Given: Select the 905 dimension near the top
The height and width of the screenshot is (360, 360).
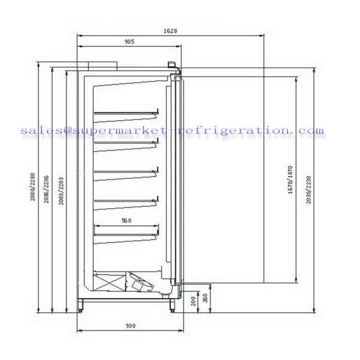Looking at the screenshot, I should tap(128, 42).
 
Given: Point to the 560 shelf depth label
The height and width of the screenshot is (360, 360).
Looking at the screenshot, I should tap(126, 221).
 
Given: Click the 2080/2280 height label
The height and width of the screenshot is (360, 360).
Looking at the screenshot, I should tap(34, 188).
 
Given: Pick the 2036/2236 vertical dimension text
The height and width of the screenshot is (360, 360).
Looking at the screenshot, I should tap(47, 191).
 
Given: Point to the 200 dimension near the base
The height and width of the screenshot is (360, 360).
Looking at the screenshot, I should tap(193, 301).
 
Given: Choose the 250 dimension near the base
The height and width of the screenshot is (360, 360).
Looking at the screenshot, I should tap(205, 298).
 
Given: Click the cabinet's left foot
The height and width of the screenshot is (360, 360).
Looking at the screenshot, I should tap(82, 307).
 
